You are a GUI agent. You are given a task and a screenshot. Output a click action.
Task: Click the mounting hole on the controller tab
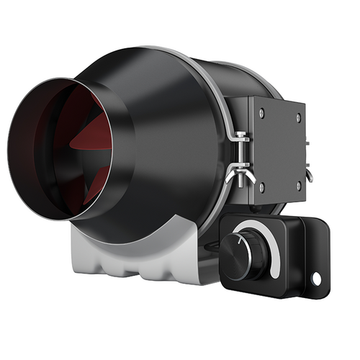[x=315, y=277]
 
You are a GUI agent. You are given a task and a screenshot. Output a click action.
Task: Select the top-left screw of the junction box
[x=261, y=112]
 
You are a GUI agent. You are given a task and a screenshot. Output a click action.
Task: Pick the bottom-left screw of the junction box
[x=261, y=185]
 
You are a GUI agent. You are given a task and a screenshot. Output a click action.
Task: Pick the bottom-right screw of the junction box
[x=297, y=185]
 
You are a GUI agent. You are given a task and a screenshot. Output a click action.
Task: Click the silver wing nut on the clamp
[x=237, y=174]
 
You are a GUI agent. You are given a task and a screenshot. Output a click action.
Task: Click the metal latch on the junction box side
[x=308, y=173]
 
